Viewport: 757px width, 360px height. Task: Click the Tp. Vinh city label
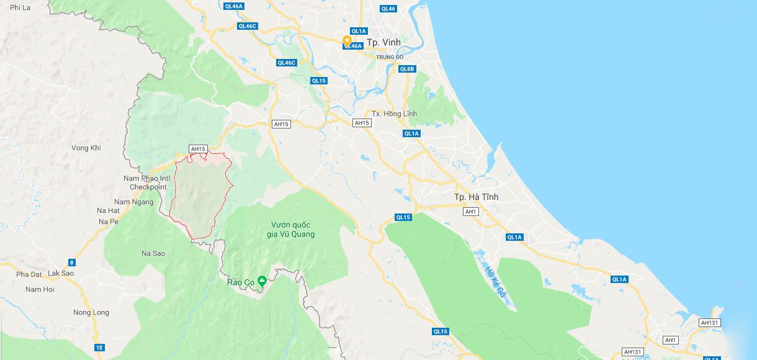pyautogui.click(x=383, y=42)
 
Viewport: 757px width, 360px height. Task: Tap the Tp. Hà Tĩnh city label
pyautogui.click(x=476, y=197)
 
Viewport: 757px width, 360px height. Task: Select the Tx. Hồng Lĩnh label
pyautogui.click(x=394, y=114)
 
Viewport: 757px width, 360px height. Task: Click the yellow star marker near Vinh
pyautogui.click(x=347, y=40)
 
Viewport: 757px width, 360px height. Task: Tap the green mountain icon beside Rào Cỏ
pyautogui.click(x=262, y=281)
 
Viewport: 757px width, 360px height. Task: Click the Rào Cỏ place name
pyautogui.click(x=241, y=282)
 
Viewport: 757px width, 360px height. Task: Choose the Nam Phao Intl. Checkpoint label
pyautogui.click(x=148, y=182)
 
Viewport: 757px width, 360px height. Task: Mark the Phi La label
pyautogui.click(x=20, y=7)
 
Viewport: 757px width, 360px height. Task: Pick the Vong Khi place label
pyautogui.click(x=86, y=148)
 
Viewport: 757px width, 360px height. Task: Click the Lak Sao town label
pyautogui.click(x=61, y=273)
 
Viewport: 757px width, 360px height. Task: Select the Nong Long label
pyautogui.click(x=91, y=312)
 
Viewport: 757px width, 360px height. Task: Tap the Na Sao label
pyautogui.click(x=153, y=253)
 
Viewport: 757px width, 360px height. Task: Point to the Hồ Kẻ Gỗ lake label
pyautogui.click(x=493, y=281)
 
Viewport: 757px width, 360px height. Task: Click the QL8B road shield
pyautogui.click(x=406, y=69)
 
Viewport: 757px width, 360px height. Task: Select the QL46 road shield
pyautogui.click(x=388, y=9)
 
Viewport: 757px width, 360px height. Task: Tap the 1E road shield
pyautogui.click(x=99, y=348)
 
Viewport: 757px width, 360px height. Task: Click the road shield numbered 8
pyautogui.click(x=71, y=263)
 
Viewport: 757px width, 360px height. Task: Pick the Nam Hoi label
pyautogui.click(x=40, y=289)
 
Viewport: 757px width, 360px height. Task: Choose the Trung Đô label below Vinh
pyautogui.click(x=390, y=57)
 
